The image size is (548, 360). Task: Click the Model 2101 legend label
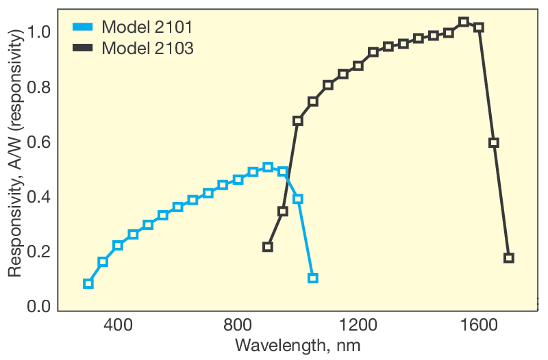pyautogui.click(x=147, y=28)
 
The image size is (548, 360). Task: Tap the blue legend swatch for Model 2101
pyautogui.click(x=83, y=28)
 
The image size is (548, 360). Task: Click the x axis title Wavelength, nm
pyautogui.click(x=297, y=344)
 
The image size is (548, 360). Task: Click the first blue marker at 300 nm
pyautogui.click(x=88, y=283)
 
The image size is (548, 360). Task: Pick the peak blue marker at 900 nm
pyautogui.click(x=268, y=168)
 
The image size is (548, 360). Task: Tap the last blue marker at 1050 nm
pyautogui.click(x=313, y=278)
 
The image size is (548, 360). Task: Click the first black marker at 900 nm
pyautogui.click(x=268, y=246)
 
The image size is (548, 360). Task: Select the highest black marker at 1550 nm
pyautogui.click(x=464, y=22)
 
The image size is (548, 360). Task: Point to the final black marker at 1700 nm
pyautogui.click(x=508, y=258)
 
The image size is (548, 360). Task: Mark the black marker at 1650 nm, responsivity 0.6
pyautogui.click(x=493, y=142)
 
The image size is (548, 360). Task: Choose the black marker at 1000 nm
pyautogui.click(x=298, y=120)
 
